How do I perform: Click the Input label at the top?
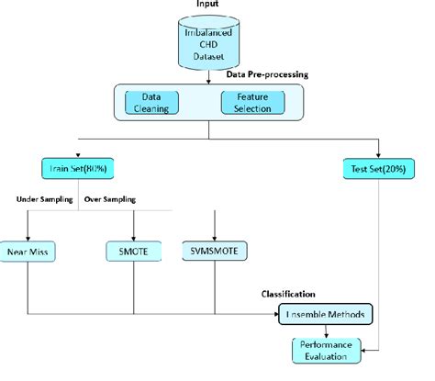coord(208,5)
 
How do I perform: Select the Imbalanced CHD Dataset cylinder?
coord(208,42)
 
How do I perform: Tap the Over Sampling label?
coord(109,198)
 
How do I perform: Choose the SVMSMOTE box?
coord(213,248)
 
